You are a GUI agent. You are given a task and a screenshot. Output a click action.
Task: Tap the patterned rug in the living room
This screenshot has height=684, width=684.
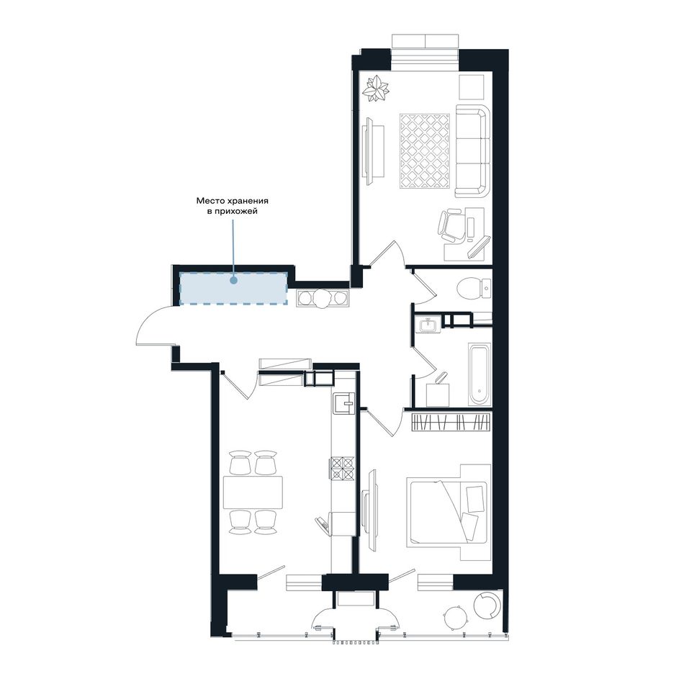[425, 150]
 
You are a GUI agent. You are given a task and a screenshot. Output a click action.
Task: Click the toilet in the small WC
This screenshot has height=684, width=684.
[473, 288]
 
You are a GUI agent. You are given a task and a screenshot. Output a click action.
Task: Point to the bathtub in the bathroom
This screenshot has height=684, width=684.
[480, 374]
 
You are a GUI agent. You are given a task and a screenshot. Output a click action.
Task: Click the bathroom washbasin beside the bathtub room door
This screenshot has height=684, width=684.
[428, 325]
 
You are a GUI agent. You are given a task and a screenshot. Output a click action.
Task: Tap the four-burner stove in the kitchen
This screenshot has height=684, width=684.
[342, 467]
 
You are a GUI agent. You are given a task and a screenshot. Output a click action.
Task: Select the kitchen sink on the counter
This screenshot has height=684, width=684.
[344, 402]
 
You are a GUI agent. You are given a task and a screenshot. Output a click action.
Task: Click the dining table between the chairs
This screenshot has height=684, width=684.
[253, 492]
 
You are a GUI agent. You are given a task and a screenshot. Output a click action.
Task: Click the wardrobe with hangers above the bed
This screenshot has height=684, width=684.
[451, 422]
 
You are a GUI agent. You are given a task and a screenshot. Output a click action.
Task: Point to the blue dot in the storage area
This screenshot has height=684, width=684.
[234, 281]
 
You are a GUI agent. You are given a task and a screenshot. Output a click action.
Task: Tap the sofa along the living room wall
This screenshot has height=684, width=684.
[472, 150]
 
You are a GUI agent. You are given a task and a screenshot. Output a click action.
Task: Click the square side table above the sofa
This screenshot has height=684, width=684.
[472, 86]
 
